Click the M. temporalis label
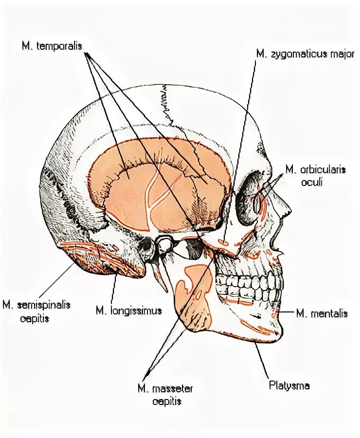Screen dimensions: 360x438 (53, 46)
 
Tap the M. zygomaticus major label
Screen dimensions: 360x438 (305, 54)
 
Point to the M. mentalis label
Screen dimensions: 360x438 (322, 313)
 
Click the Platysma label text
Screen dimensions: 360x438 (289, 386)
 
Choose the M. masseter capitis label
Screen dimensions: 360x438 (165, 395)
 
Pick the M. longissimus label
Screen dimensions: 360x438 (128, 310)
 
